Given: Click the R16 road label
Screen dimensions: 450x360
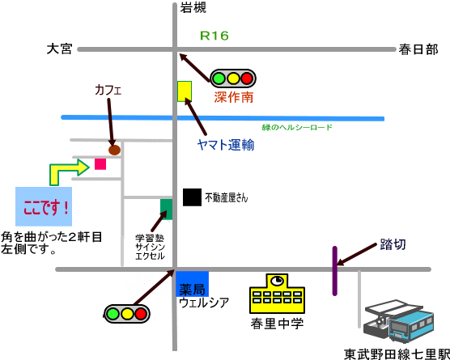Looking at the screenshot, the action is (214, 36).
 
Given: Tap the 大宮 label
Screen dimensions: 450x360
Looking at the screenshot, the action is (59, 49).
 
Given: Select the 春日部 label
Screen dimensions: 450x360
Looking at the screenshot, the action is (418, 49).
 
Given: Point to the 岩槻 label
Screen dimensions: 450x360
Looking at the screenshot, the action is (193, 7).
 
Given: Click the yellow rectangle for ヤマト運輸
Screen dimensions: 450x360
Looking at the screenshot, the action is (185, 91).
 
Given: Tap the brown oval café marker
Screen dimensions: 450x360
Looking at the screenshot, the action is (114, 150).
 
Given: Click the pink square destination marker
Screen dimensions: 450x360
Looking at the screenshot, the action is (100, 164).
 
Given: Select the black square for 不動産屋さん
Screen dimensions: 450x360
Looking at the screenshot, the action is (193, 197).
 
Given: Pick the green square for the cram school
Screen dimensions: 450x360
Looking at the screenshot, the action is (167, 210).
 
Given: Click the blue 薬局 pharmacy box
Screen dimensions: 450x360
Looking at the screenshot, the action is (192, 284).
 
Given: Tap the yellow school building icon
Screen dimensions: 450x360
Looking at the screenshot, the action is (278, 294).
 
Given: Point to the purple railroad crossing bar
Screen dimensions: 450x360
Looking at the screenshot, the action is (334, 271).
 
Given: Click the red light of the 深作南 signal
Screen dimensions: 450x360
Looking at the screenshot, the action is (247, 78).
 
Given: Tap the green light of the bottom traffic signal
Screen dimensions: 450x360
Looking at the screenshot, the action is (112, 314).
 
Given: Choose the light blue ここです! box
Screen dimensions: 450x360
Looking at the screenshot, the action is (44, 206).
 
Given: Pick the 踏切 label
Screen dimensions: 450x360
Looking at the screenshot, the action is (393, 244).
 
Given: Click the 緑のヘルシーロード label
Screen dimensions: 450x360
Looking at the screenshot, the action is (297, 127).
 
